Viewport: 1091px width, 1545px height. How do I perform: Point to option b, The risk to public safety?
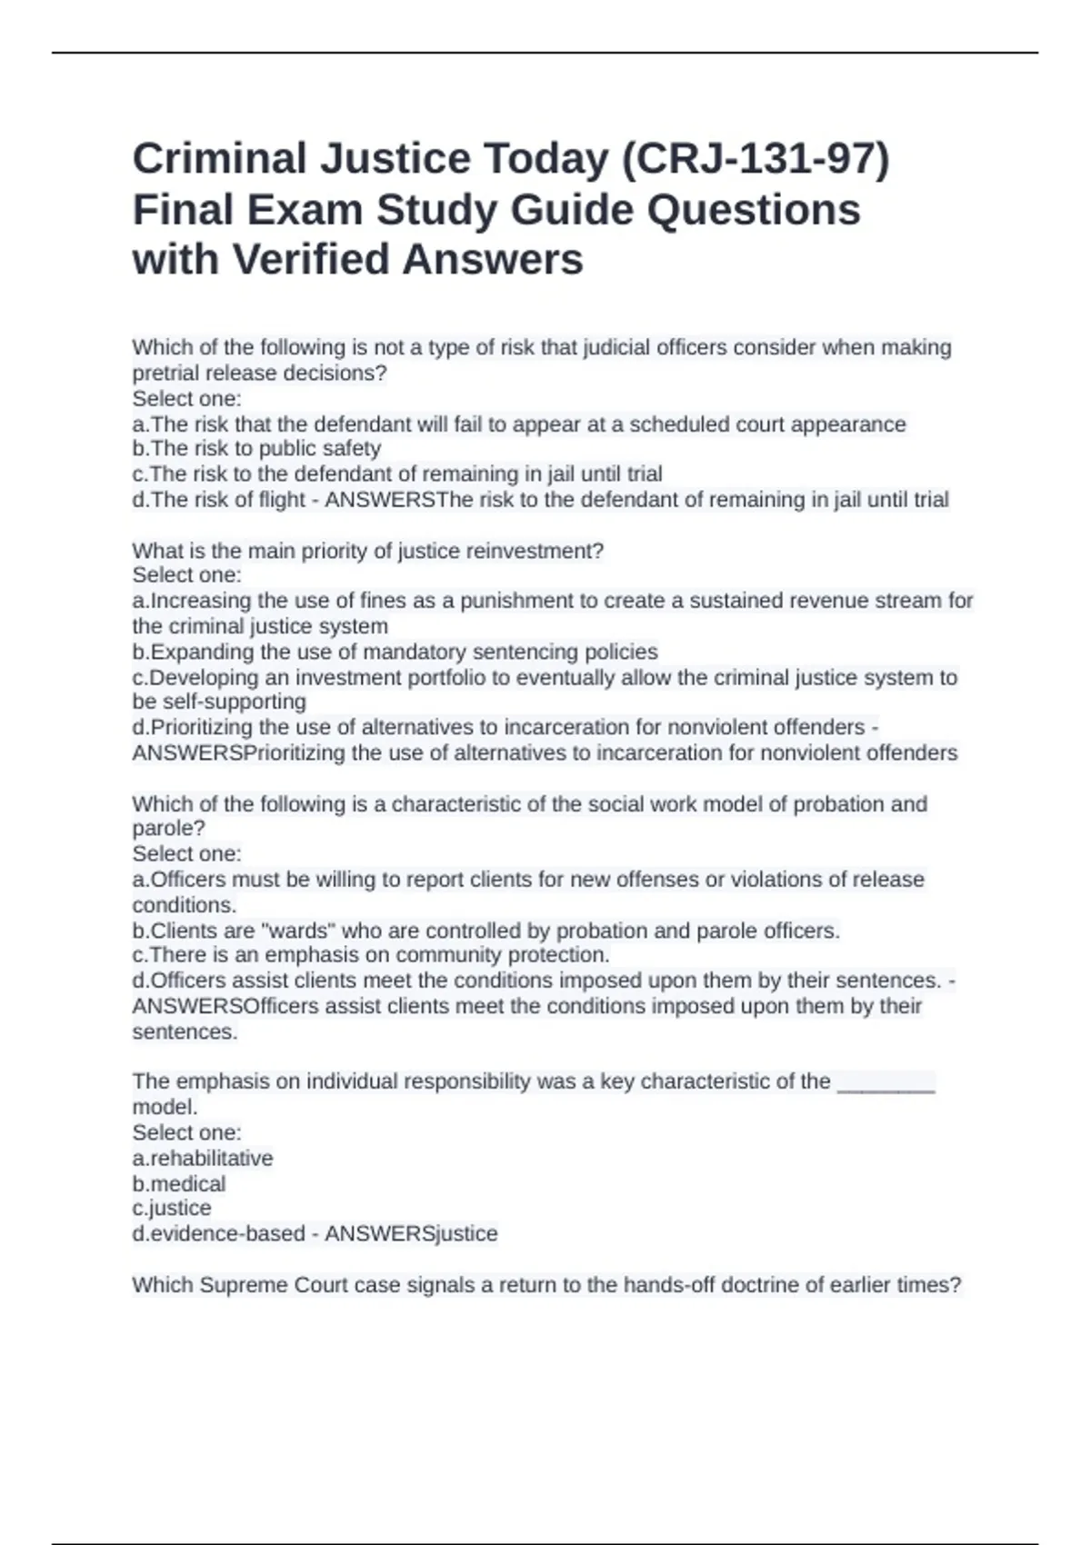256,449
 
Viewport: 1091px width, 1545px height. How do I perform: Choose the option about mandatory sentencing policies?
395,653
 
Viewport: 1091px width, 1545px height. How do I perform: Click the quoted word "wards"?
297,932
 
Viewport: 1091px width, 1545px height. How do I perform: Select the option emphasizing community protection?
371,955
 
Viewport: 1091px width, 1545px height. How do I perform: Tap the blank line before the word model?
886,1082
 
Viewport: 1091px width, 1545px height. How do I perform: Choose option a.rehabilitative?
203,1159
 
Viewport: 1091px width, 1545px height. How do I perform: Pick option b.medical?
179,1184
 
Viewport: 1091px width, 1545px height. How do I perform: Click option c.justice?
172,1209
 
